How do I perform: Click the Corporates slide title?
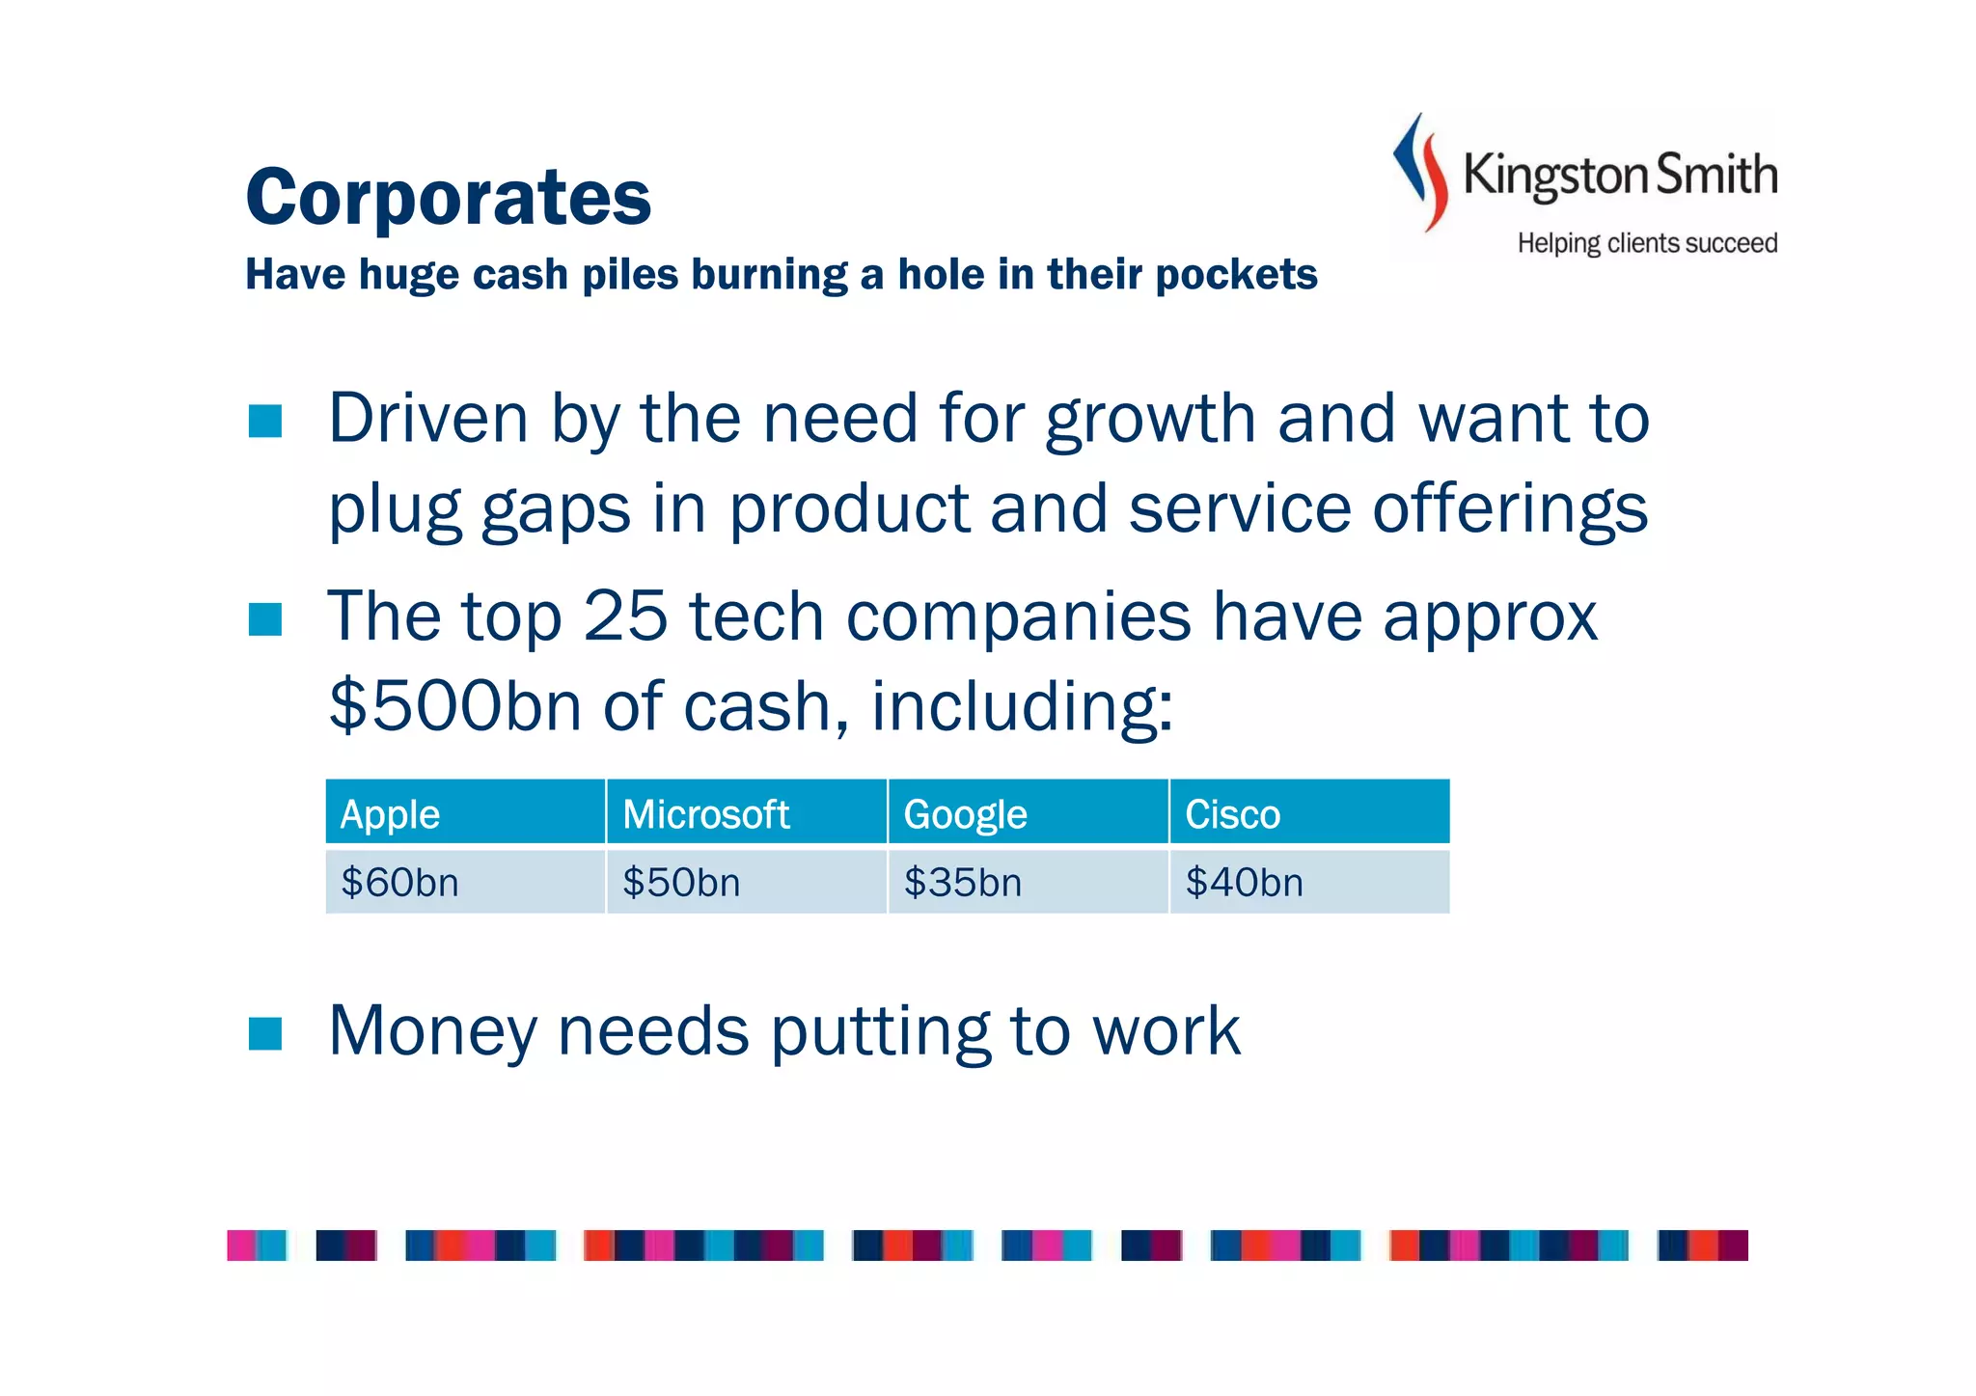coord(449,197)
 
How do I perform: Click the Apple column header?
coord(465,813)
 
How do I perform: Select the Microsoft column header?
coord(746,813)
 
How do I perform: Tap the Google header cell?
coord(1028,813)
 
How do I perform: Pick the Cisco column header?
coord(1309,813)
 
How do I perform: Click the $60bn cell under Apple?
coord(465,882)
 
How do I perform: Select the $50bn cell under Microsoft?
coord(746,882)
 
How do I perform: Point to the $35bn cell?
coord(1028,882)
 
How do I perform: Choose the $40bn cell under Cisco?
coord(1309,882)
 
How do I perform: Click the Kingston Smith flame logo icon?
coord(1421,172)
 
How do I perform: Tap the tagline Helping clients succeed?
coord(1647,243)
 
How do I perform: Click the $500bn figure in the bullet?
coord(454,706)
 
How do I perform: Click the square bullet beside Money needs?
coord(264,1032)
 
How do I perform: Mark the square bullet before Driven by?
coord(264,421)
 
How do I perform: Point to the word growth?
coord(1150,421)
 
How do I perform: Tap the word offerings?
coord(1510,509)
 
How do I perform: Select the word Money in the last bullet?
coord(431,1030)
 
